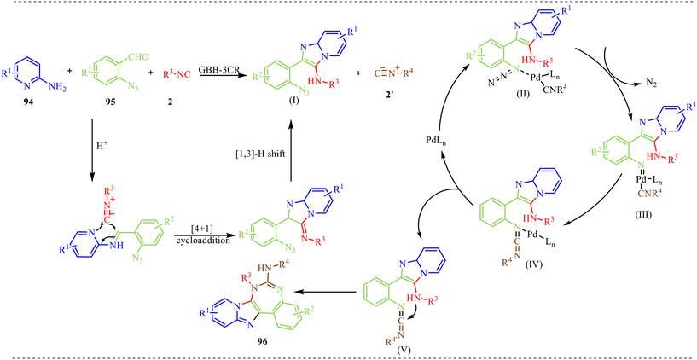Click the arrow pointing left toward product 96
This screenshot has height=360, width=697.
click(327, 292)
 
